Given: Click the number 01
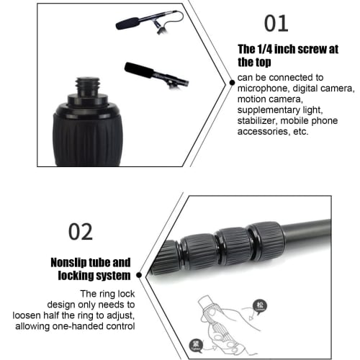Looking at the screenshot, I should [276, 23].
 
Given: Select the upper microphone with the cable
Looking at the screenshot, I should [145, 22].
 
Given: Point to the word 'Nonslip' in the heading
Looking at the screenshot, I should [70, 264].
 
